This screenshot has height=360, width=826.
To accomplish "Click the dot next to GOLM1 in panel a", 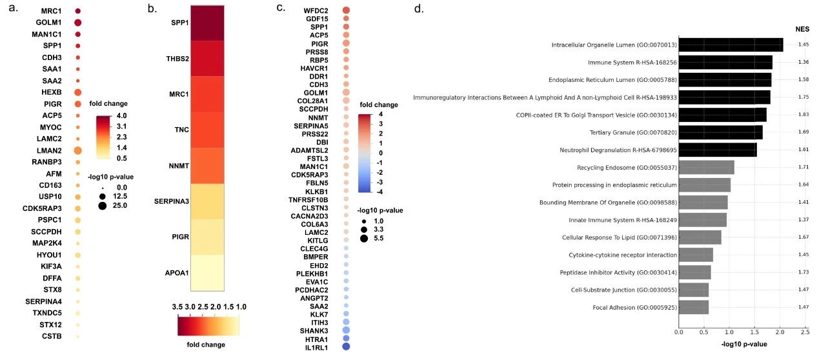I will coord(78,23).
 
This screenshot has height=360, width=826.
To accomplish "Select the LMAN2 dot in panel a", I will coord(78,150).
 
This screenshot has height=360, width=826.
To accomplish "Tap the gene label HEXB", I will coord(52,92).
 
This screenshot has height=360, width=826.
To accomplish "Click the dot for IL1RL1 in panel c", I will coord(347,346).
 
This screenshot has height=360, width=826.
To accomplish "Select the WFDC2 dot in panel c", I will coord(347,10).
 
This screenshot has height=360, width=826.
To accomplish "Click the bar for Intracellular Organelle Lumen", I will coord(730,45).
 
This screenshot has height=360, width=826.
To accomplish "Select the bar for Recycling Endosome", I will coord(706,167).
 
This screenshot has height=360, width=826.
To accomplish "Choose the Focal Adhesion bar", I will coord(693,307).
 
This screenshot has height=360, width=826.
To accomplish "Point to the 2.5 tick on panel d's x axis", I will coord(804,332).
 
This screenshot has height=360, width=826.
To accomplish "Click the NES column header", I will coord(803,28).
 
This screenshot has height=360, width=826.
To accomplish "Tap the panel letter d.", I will coord(419,9).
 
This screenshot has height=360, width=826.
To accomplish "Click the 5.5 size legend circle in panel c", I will coord(364,238).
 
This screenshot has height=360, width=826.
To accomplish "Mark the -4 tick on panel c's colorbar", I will coord(381,192).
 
